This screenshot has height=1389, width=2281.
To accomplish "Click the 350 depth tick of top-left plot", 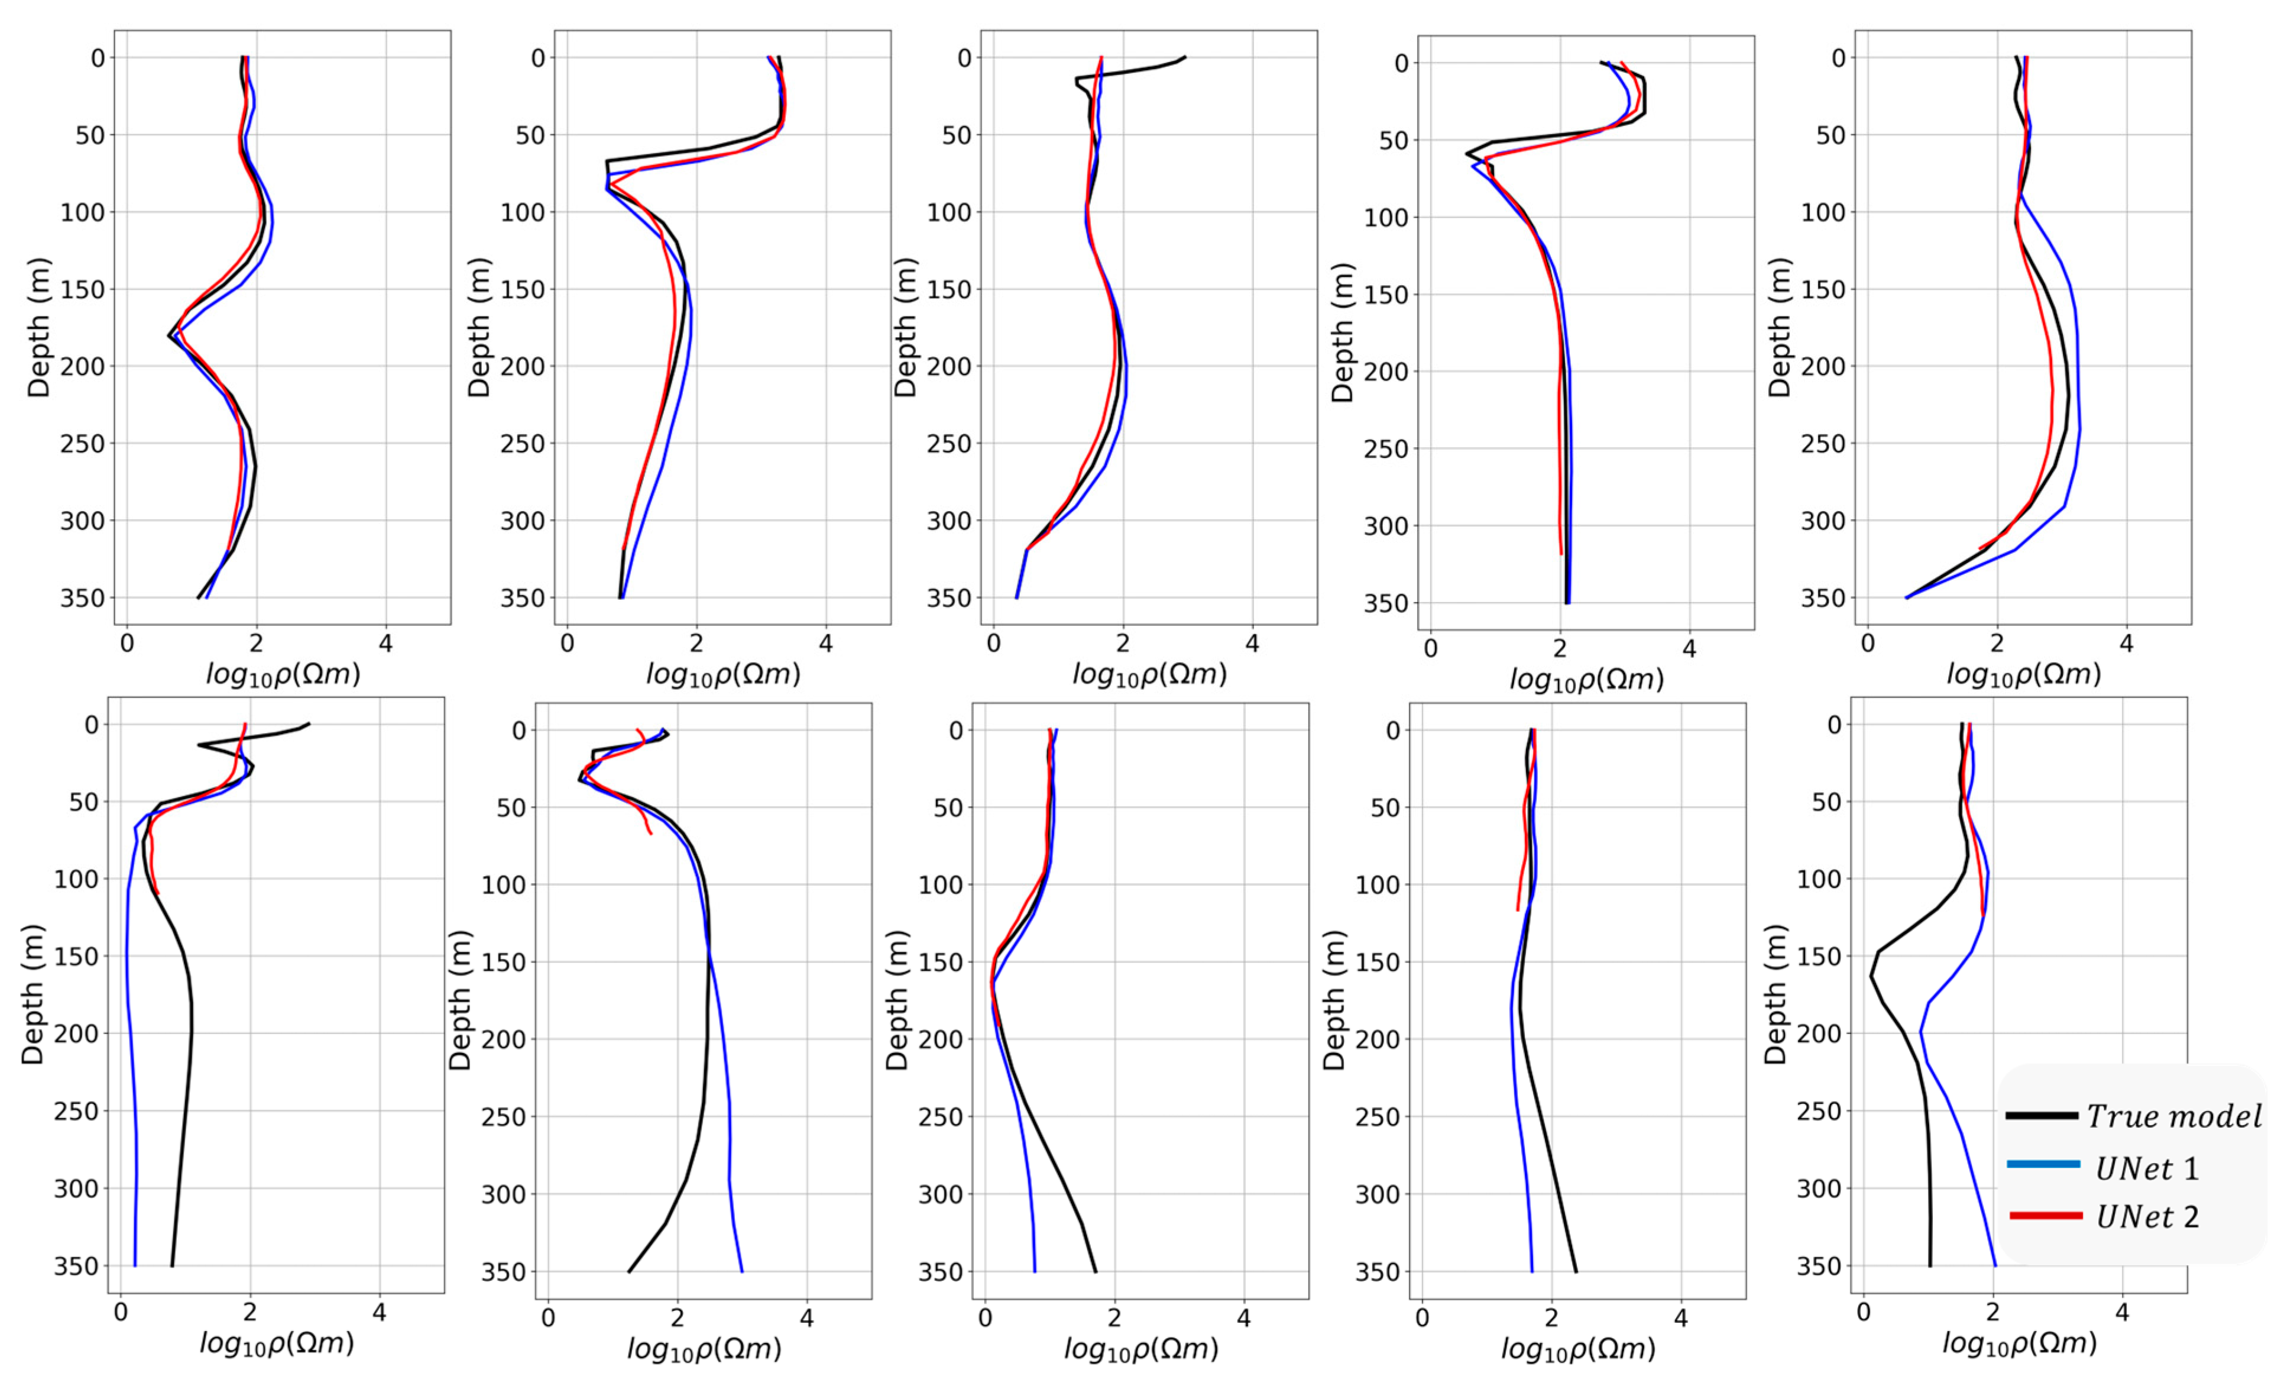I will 82,598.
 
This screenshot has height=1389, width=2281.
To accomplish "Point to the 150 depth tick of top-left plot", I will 82,290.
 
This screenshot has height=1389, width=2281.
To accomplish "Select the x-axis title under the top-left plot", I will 283,674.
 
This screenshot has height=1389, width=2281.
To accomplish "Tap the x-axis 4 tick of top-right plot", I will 2127,644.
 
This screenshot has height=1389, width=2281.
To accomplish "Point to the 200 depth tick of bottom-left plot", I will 76,1033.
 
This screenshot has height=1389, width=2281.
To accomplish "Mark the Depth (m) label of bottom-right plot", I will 1775,996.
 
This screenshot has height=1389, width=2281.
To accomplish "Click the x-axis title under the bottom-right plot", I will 2019,1343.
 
